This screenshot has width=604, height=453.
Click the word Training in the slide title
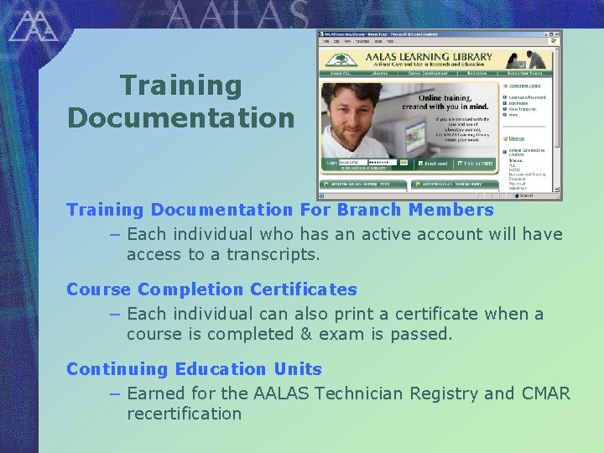click(x=181, y=86)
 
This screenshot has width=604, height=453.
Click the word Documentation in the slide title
click(x=181, y=118)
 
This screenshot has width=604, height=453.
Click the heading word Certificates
click(x=303, y=289)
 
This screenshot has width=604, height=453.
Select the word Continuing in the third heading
click(x=117, y=369)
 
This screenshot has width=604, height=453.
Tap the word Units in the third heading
click(x=298, y=369)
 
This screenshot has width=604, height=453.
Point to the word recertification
click(x=184, y=414)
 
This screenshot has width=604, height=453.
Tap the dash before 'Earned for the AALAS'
click(x=115, y=393)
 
